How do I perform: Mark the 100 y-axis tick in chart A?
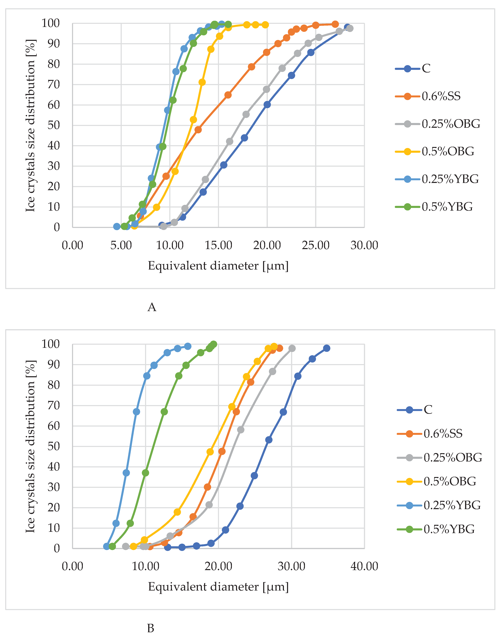pos(50,23)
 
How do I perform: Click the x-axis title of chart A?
pos(218,266)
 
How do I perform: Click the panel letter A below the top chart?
pos(152,307)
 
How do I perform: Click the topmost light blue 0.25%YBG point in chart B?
pos(188,346)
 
